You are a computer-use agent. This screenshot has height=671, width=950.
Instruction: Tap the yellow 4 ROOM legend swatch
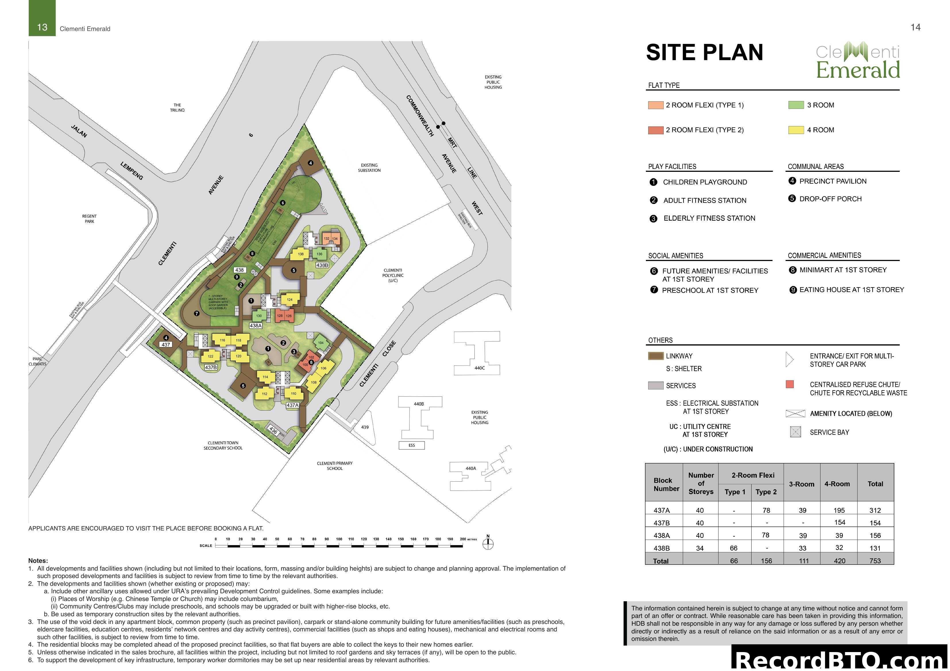point(796,130)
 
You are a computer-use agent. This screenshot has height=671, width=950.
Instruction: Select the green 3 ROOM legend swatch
point(796,105)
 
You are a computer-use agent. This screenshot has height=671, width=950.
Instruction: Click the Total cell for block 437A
point(875,510)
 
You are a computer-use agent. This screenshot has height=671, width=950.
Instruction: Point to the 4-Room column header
point(837,484)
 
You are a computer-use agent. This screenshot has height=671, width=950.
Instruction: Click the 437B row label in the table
point(662,523)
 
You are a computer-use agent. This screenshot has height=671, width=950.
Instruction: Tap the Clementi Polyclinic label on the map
point(393,275)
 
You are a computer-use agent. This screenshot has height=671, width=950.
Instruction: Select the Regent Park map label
point(89,219)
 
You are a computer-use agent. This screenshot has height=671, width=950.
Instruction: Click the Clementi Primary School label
point(335,466)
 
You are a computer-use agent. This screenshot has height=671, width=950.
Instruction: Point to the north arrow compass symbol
point(488,543)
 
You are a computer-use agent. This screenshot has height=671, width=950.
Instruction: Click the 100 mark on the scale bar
point(339,539)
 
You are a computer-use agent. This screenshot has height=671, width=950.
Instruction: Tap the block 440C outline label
point(480,368)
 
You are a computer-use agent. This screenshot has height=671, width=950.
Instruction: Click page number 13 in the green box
point(42,27)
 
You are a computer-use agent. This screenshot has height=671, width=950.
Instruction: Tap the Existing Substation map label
point(369,168)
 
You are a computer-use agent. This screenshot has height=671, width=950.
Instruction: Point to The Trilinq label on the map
point(177,108)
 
